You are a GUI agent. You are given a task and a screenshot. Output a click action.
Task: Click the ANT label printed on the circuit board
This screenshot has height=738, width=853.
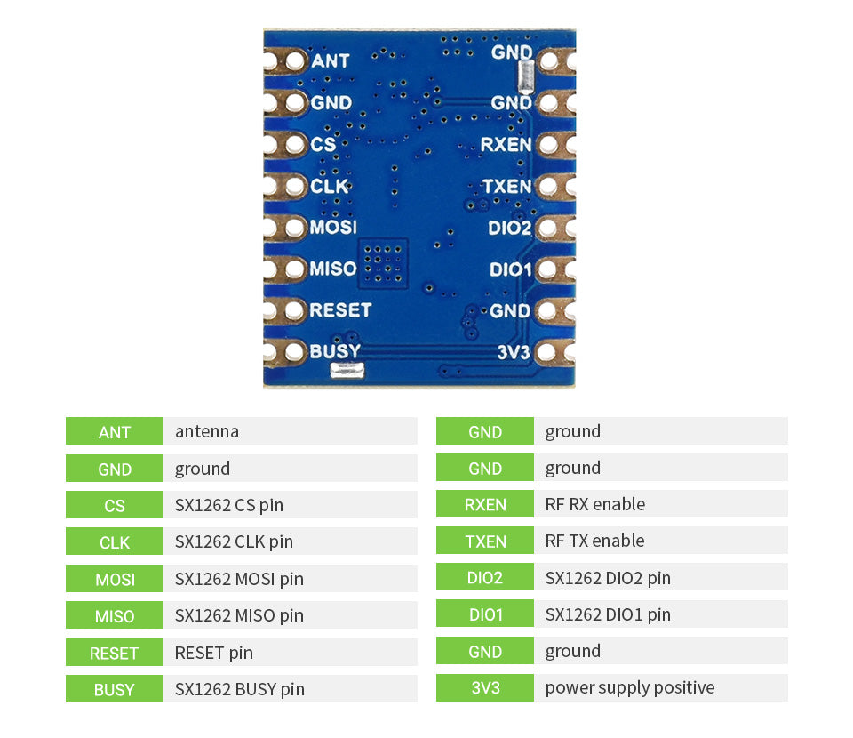point(331,61)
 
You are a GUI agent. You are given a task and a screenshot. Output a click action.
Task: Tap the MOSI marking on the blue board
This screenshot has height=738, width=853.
point(333,227)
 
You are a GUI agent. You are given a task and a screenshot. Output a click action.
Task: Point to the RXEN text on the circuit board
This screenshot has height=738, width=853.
point(506,144)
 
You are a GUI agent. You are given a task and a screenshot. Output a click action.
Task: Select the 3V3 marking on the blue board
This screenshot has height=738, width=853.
point(514,353)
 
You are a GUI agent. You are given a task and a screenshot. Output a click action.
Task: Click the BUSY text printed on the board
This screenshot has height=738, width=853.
point(335,350)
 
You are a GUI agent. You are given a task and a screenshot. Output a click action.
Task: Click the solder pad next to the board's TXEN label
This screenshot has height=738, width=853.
point(547,186)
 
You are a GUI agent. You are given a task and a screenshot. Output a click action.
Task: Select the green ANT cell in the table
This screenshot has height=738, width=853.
point(115,431)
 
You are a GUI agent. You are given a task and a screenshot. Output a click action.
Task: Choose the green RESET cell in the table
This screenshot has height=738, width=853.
point(115,653)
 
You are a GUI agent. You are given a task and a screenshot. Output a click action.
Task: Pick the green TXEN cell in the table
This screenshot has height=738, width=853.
point(485,541)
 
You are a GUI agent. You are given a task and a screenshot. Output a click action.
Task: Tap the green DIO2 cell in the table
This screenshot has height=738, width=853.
point(485,578)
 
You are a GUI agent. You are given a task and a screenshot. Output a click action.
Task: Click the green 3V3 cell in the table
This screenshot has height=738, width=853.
point(485,687)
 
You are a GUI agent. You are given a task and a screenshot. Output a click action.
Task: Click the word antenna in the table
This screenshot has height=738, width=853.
point(207,431)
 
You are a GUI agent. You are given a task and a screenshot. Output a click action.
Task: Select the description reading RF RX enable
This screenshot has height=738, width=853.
point(595,504)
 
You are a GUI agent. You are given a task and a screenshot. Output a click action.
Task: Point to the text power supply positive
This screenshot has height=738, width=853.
point(630,687)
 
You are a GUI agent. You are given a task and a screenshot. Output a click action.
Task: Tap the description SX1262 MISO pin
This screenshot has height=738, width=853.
point(239,615)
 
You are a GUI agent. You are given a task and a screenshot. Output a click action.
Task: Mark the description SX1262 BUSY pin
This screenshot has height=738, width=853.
point(240,689)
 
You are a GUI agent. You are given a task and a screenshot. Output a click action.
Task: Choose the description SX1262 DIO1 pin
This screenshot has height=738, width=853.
point(608,614)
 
